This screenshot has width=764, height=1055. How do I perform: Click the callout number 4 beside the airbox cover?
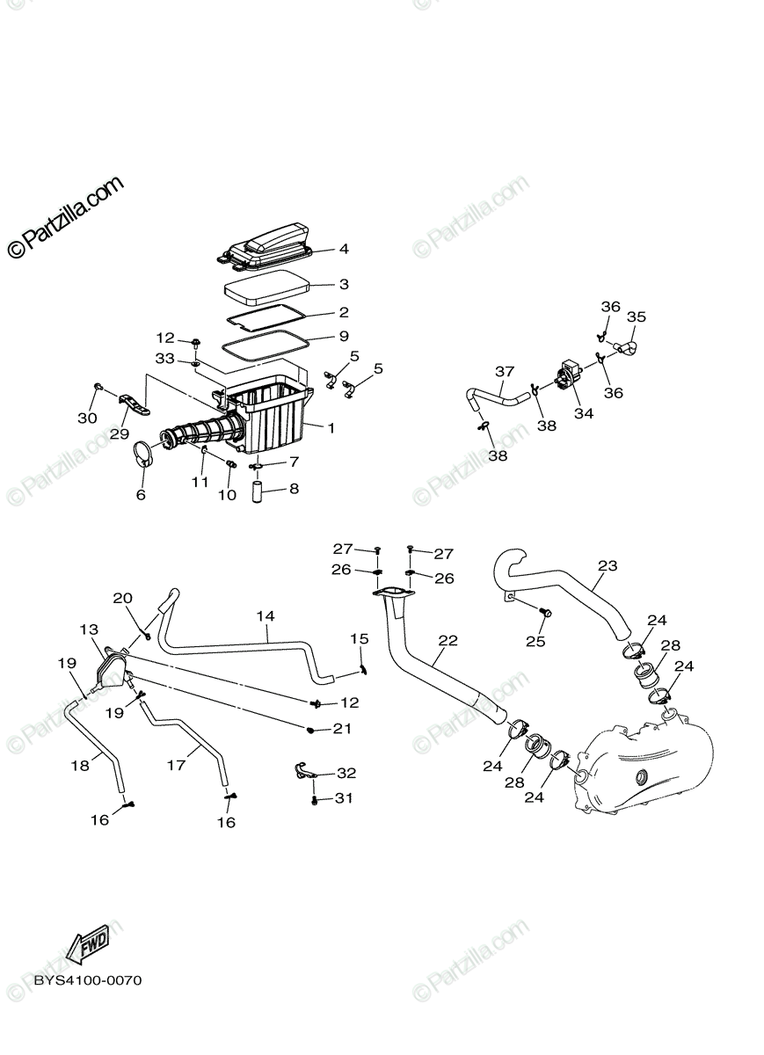point(344,249)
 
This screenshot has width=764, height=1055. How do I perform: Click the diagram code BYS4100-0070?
point(88,980)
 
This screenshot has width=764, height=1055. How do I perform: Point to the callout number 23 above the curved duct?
point(608,565)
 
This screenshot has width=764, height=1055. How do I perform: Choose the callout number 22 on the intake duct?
point(447,640)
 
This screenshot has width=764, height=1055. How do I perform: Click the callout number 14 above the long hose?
point(266,616)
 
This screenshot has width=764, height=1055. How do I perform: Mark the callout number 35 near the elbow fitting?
point(637,316)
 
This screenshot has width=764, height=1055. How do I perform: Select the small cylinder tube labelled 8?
point(259,489)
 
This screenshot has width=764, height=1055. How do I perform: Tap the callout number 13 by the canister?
point(90,629)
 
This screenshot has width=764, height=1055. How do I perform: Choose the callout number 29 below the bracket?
point(119,433)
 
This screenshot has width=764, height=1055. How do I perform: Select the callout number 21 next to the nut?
point(342,729)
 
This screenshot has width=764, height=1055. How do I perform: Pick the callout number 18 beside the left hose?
point(80,766)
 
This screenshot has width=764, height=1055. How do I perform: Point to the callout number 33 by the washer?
point(165,359)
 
